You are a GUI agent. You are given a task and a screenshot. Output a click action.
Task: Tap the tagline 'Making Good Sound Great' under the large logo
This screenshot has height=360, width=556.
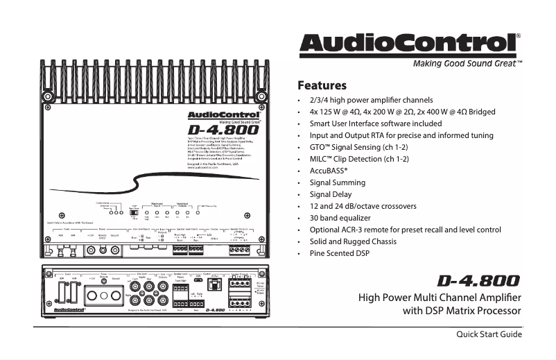tap(462, 63)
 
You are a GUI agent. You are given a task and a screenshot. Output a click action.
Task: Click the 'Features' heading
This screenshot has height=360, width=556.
tap(322, 87)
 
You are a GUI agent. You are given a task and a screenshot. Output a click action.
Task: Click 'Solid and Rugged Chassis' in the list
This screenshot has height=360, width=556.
tap(353, 241)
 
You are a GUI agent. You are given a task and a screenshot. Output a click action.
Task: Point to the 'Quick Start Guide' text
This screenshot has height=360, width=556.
tap(488, 335)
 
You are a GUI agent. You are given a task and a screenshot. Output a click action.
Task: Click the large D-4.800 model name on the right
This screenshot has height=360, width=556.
tap(478, 281)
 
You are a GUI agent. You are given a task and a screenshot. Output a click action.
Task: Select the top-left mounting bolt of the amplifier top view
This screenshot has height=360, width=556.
tap(48, 96)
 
